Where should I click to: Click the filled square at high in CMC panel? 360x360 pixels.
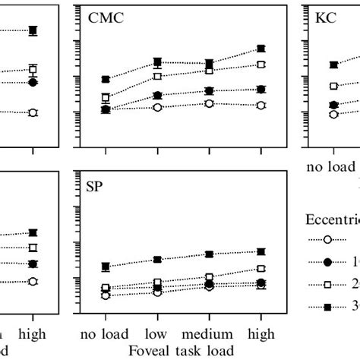click(261, 49)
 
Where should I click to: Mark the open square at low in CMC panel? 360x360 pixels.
click(158, 76)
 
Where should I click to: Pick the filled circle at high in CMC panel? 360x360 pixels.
click(261, 90)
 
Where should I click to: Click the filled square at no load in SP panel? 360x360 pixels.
click(106, 267)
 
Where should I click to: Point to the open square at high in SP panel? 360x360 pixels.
click(261, 269)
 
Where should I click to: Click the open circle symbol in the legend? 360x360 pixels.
click(327, 239)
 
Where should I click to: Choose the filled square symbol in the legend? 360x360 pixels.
click(327, 306)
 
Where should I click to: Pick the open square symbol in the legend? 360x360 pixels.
click(327, 284)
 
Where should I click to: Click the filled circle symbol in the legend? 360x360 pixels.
click(327, 261)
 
